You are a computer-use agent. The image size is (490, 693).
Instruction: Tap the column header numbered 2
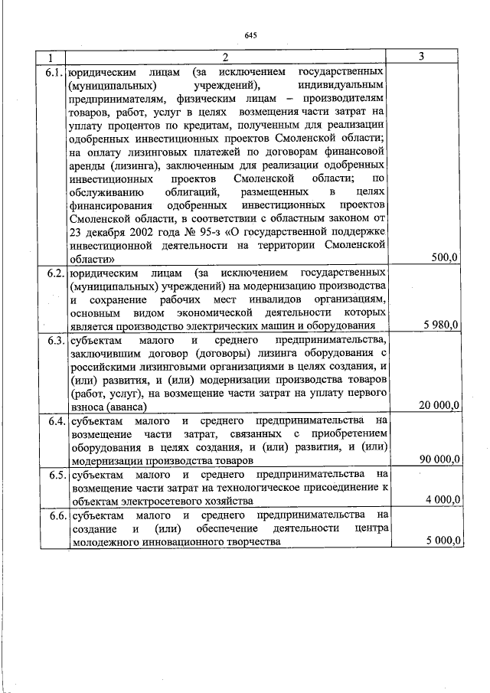tap(226, 57)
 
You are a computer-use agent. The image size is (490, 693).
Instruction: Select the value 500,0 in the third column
tap(444, 258)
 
